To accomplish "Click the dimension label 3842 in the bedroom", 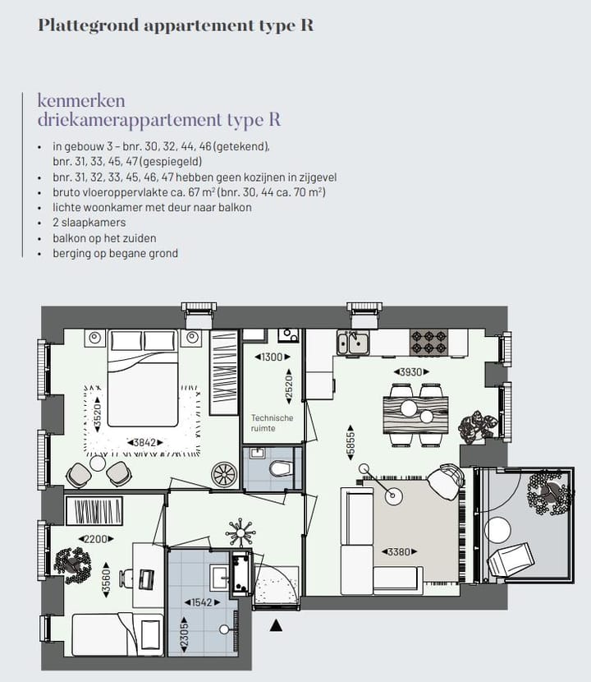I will [141, 442].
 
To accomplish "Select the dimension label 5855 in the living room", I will [352, 447].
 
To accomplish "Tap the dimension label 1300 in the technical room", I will [269, 357].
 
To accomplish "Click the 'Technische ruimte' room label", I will [272, 423].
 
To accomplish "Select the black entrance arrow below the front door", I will [277, 626].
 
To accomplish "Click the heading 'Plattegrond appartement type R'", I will [176, 25].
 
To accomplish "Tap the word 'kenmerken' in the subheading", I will [81, 100].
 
